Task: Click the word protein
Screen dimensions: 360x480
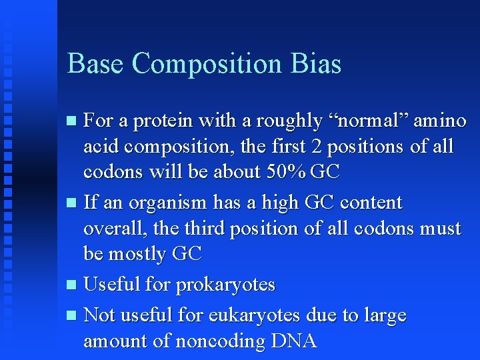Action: coord(160,121)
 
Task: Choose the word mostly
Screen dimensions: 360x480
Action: coord(139,254)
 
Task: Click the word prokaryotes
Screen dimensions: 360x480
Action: coord(225,285)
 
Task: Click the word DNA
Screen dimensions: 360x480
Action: coord(294,341)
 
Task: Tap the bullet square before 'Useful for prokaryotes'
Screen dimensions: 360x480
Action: coord(73,285)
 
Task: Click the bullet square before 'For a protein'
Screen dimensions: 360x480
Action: coord(73,121)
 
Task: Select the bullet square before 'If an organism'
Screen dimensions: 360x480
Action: coord(73,203)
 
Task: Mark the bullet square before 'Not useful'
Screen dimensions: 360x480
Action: coord(73,315)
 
